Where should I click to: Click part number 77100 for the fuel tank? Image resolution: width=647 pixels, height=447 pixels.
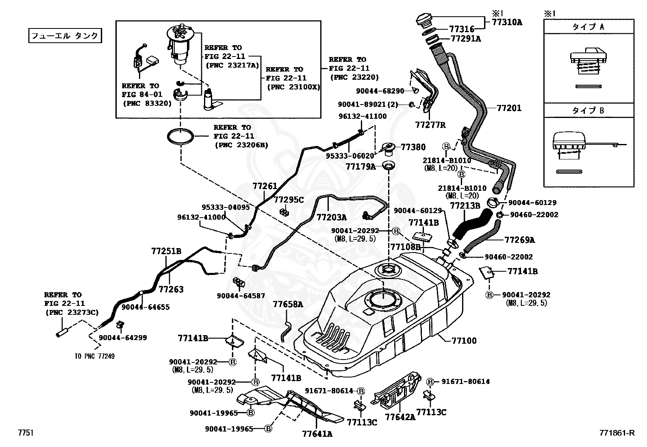point(464,340)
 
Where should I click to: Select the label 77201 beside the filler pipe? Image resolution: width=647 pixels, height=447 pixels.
point(509,108)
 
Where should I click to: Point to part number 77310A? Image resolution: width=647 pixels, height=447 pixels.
point(507,22)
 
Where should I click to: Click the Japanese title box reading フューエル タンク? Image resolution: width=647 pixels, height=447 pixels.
point(65,36)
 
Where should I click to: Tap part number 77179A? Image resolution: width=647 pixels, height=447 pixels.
point(361,167)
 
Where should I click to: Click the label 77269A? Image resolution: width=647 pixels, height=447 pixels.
point(520,240)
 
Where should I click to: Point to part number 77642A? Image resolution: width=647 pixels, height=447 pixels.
point(400,417)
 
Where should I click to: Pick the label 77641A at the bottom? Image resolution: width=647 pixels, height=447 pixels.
point(317,434)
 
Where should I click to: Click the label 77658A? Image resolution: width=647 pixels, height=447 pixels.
point(288,304)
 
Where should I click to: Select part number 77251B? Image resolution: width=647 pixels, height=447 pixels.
point(166,251)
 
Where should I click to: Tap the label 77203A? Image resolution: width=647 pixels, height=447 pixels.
point(332,217)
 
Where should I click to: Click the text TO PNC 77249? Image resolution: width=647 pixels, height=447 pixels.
point(95,356)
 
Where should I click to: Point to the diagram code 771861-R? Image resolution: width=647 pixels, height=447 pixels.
point(617,433)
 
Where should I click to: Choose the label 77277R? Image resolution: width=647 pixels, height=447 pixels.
point(430,125)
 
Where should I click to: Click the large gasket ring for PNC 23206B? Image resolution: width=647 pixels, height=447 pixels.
point(180,136)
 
